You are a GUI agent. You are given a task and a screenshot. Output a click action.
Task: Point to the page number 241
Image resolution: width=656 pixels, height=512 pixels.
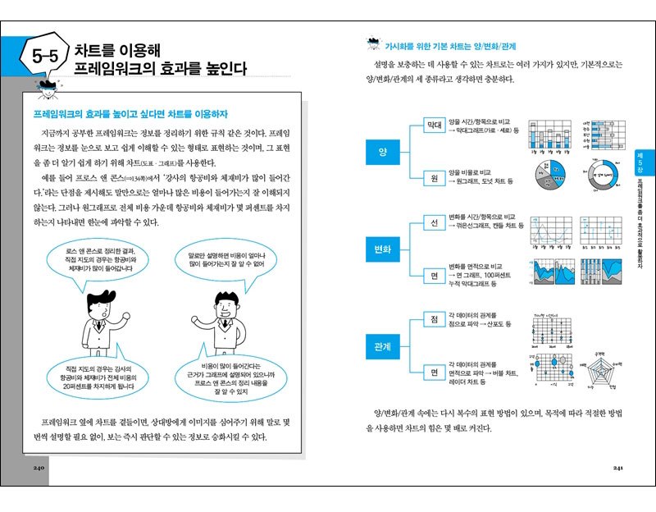(619, 469)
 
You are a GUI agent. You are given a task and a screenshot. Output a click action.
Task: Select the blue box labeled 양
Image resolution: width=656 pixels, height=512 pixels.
(382, 153)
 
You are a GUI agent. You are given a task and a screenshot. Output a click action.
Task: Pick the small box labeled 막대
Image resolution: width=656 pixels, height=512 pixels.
(434, 126)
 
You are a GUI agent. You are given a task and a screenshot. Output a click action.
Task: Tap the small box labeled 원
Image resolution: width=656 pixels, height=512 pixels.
(434, 180)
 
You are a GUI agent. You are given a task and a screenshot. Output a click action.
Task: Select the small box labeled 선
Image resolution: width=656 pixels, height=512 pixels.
(434, 222)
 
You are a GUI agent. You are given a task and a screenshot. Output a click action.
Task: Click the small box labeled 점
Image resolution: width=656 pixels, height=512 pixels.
(434, 318)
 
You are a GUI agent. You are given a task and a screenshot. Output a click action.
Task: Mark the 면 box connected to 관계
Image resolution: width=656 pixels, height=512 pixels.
(434, 372)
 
